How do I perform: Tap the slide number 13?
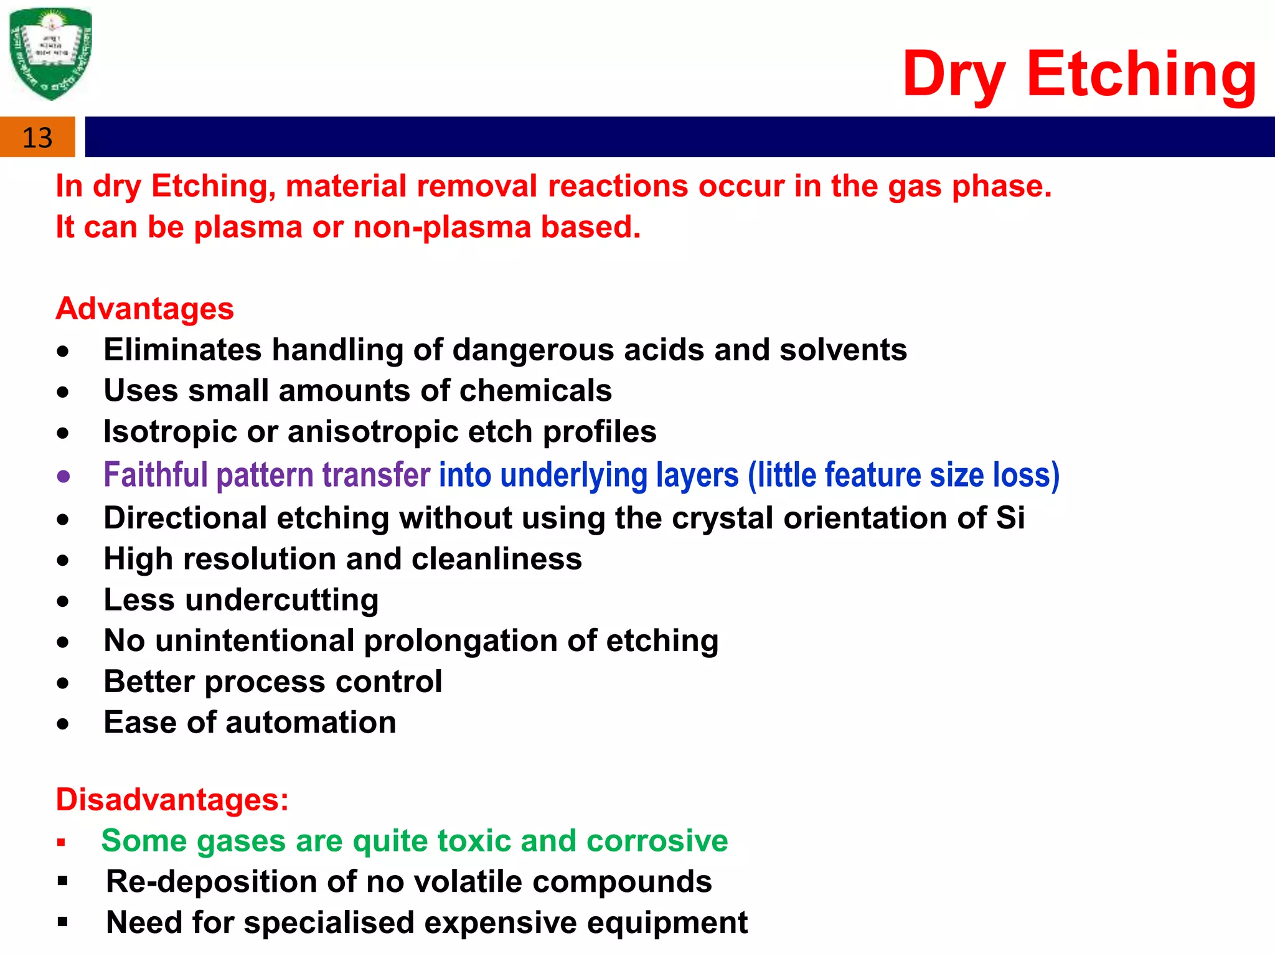click(37, 138)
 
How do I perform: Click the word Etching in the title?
click(1141, 75)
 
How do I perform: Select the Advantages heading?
click(144, 309)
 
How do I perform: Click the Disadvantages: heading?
click(172, 800)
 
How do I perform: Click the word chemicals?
click(535, 391)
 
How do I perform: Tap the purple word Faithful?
click(155, 475)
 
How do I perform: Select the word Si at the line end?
click(1009, 518)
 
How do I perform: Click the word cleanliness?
click(496, 559)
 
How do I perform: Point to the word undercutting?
click(281, 601)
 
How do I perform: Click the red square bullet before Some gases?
click(61, 843)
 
